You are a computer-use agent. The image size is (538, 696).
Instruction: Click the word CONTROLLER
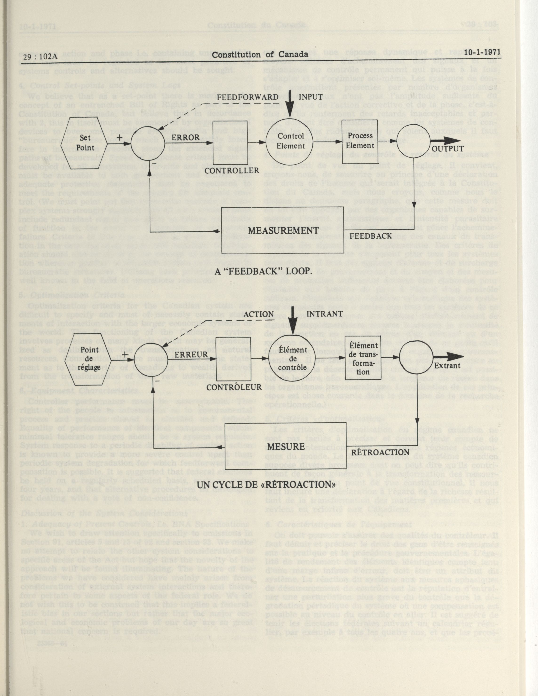(x=236, y=170)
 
